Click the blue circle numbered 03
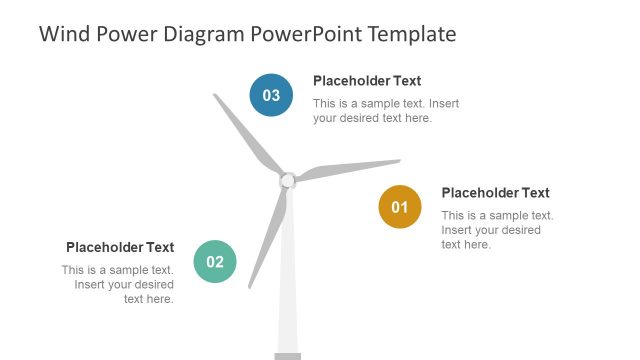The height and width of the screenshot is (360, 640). (271, 95)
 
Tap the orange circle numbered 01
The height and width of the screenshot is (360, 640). (400, 207)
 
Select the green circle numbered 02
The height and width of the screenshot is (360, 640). (215, 262)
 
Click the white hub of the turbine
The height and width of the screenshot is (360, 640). (287, 180)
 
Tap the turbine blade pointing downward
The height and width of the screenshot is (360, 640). (268, 235)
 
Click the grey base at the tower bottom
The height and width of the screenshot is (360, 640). (288, 356)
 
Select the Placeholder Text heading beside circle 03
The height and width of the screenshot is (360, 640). (367, 81)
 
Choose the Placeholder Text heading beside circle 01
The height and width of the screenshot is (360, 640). (495, 193)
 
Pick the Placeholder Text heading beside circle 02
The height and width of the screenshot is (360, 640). (120, 247)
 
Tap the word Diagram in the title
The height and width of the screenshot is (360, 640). (201, 34)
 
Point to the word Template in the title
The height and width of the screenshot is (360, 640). (412, 34)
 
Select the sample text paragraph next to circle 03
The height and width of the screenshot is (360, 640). (385, 110)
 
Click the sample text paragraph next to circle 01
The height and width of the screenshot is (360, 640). (497, 230)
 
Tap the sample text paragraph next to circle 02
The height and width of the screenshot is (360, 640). (118, 284)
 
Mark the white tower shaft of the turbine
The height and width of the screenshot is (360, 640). (288, 290)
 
